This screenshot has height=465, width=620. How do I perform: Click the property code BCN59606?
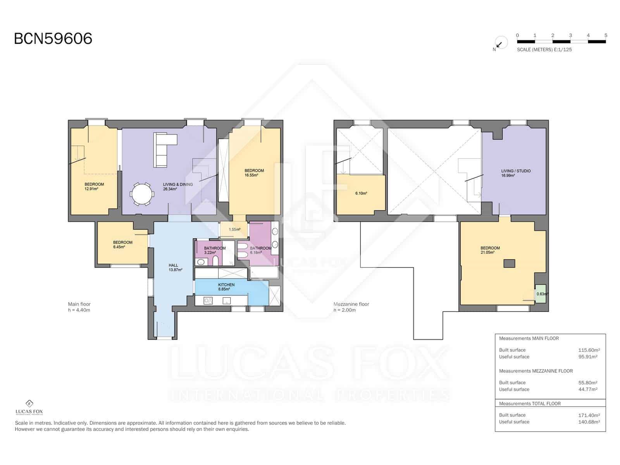click(53, 39)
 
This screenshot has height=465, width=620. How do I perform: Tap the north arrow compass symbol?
click(500, 43)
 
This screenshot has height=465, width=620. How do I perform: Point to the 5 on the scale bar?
click(606, 35)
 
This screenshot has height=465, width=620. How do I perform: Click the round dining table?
click(141, 194)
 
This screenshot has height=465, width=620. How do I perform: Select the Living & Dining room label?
click(177, 187)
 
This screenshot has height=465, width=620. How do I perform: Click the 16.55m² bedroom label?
click(254, 173)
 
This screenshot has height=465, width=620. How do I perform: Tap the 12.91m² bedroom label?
click(94, 186)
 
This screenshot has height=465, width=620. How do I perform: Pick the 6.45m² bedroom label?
click(122, 245)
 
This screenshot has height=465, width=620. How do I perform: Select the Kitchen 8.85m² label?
click(226, 287)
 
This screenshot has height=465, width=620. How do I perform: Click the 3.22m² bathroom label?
click(214, 250)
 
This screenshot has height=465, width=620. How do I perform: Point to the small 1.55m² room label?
click(234, 229)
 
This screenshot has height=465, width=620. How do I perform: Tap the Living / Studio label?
click(515, 173)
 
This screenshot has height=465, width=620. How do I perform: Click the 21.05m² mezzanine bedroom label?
click(490, 250)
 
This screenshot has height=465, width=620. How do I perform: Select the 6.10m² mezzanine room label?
click(361, 193)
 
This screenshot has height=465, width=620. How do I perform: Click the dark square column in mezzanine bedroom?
click(509, 263)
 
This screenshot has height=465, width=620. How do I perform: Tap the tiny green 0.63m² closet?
click(541, 294)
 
